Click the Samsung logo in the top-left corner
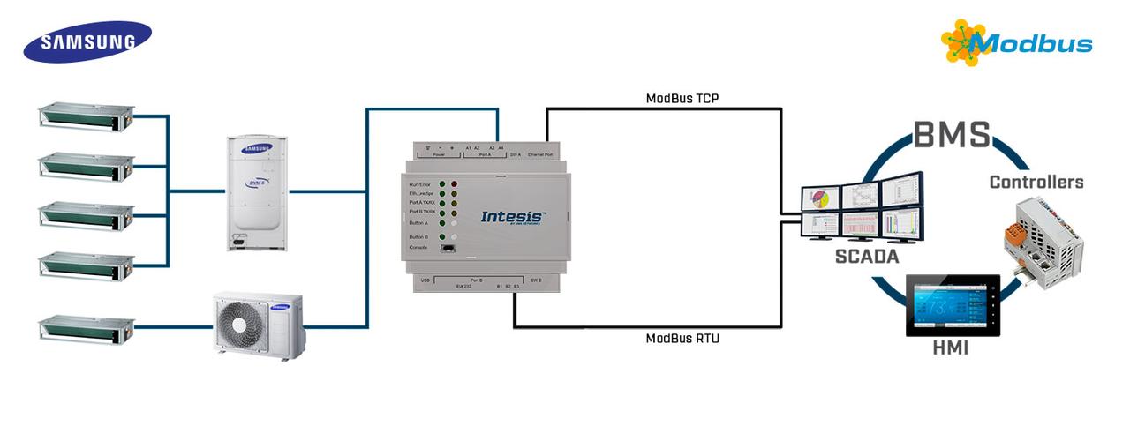[87, 41]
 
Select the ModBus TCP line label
[682, 98]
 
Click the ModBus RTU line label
[682, 338]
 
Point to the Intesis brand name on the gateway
[513, 217]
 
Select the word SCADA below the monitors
[867, 257]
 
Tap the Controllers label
[1036, 183]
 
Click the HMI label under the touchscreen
[950, 348]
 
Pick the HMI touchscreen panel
[953, 305]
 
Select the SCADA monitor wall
[862, 209]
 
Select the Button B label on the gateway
[418, 237]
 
